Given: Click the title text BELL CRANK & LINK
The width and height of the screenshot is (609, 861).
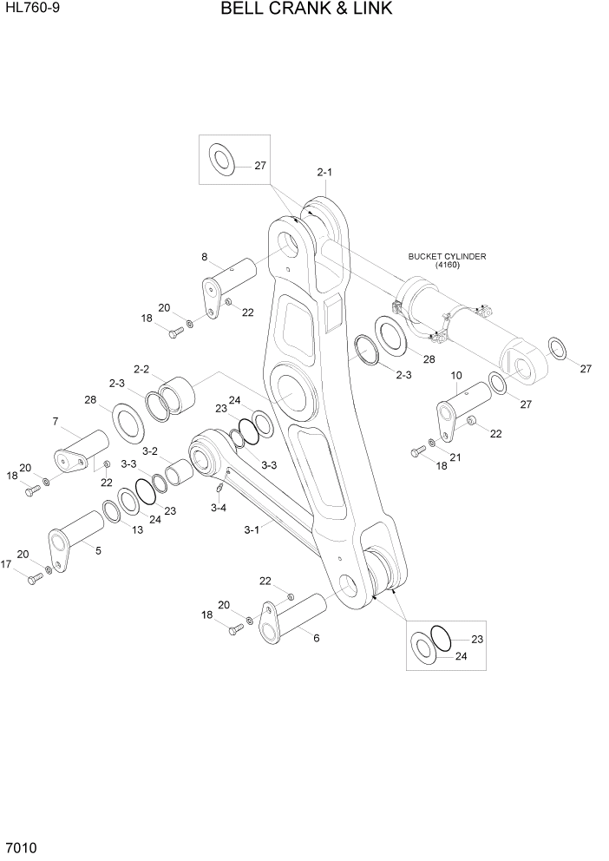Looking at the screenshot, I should click(306, 10).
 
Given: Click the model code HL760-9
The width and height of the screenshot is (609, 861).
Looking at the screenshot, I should click(29, 8).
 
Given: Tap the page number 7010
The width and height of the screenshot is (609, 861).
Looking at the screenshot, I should click(19, 847).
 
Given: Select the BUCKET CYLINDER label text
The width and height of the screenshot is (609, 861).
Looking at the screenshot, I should click(447, 257).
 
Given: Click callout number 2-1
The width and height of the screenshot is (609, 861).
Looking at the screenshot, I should click(324, 173).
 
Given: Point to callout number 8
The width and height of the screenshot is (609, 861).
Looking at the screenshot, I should click(205, 256).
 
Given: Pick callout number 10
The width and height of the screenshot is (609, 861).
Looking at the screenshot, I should click(457, 375).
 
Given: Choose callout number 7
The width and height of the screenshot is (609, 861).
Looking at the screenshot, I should click(55, 422).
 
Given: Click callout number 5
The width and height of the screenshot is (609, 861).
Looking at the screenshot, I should click(97, 550).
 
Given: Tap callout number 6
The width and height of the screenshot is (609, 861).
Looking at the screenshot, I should click(317, 638).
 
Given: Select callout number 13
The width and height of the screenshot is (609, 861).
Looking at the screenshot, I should click(138, 529).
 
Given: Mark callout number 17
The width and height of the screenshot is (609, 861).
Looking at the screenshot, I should click(7, 564).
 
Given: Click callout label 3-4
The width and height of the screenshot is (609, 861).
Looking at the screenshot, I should click(218, 509).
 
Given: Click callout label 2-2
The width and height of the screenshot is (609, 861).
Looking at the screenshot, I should click(141, 369).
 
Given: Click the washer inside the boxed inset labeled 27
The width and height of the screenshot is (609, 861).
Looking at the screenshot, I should click(222, 161).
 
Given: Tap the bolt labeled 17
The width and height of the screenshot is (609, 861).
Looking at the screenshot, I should click(35, 579).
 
